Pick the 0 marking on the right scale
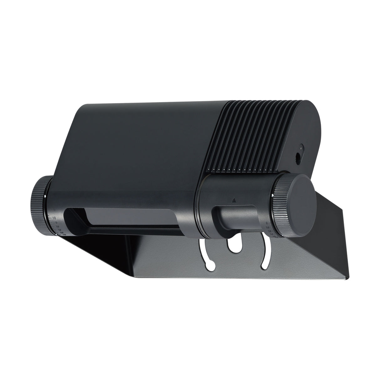pos(266,223)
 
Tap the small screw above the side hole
pos(301,146)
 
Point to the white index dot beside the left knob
pos(46,196)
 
